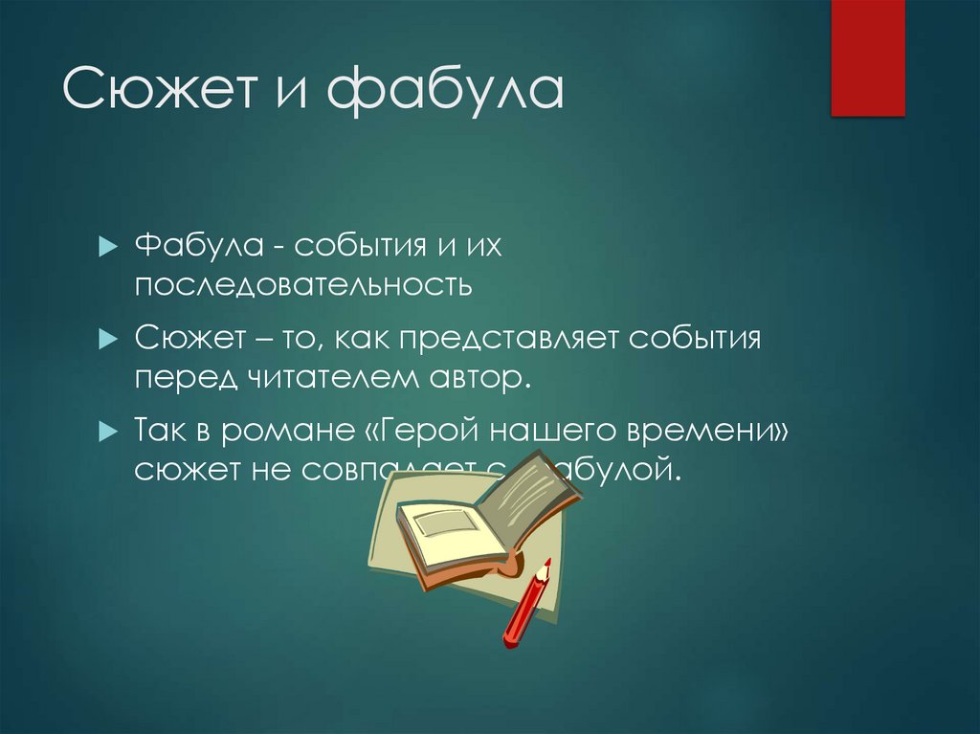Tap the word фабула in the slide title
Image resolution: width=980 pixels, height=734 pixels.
point(445,93)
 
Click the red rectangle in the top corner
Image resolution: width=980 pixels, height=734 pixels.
point(867,57)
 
